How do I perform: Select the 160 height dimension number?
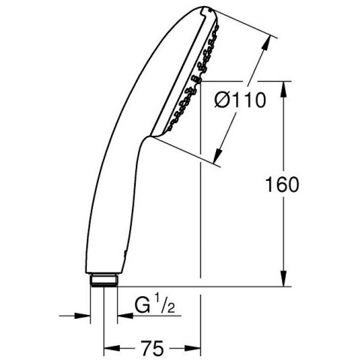[282, 184]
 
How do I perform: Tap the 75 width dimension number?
[152, 348]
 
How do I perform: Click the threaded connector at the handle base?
[104, 280]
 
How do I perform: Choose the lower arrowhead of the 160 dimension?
[283, 278]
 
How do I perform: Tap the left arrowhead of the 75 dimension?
[112, 348]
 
